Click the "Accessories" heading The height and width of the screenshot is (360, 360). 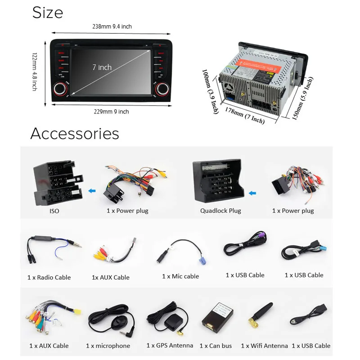75,133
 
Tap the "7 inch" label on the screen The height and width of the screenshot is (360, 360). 102,67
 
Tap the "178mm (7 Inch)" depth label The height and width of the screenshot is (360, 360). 245,115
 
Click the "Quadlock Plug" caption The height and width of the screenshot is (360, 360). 220,211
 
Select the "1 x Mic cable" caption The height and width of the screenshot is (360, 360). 180,276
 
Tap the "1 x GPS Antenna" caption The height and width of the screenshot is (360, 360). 170,346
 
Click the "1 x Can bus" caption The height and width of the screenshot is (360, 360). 216,346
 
